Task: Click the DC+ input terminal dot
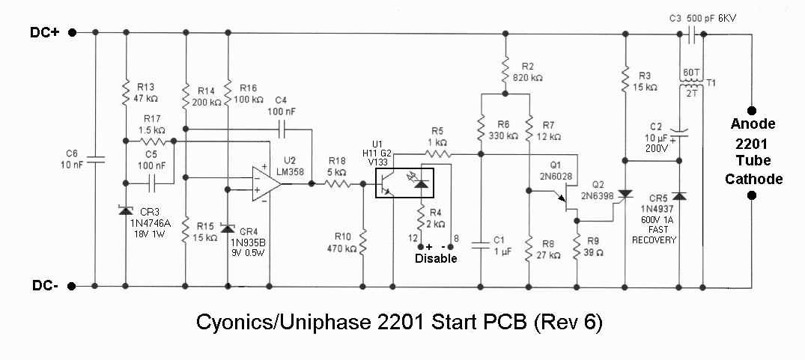(x=73, y=32)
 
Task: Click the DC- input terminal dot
(x=73, y=286)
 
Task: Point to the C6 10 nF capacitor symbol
(x=96, y=159)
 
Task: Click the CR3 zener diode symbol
(x=126, y=210)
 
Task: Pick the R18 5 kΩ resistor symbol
(x=337, y=183)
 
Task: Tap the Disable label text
(x=436, y=258)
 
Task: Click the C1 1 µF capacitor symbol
(x=481, y=245)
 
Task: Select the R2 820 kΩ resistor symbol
(x=505, y=70)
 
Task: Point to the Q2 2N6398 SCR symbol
(x=625, y=195)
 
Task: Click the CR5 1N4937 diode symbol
(x=679, y=195)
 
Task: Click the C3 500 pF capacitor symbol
(x=691, y=34)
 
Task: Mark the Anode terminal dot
(x=752, y=110)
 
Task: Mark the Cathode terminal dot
(x=752, y=195)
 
